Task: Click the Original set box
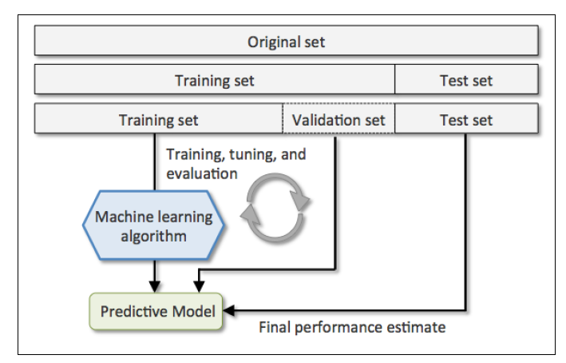[x=287, y=41]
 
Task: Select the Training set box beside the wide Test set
[x=215, y=79]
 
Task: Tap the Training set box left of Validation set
[x=159, y=118]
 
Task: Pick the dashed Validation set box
[x=338, y=118]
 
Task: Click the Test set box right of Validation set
[x=466, y=118]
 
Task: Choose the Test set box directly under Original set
[x=466, y=79]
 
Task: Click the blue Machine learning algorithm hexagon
[x=154, y=225]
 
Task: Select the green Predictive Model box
[x=156, y=311]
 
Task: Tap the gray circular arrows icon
[x=275, y=208]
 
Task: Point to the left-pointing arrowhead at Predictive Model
[x=229, y=310]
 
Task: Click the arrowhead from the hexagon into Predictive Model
[x=155, y=287]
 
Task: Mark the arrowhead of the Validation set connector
[x=199, y=287]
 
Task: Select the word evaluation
[x=202, y=174]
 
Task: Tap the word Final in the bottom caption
[x=275, y=327]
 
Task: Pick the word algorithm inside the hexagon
[x=154, y=237]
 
